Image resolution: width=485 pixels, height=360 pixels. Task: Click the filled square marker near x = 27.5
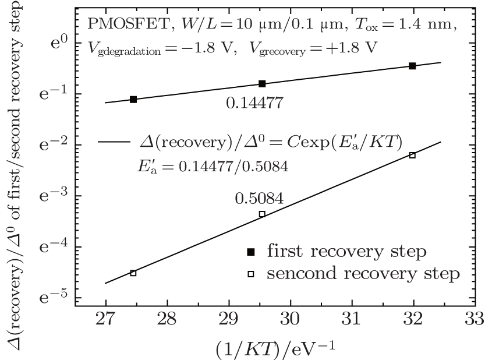click(x=133, y=100)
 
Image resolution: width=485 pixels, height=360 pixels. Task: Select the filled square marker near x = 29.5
click(x=262, y=84)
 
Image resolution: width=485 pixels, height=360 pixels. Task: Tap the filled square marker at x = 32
click(x=412, y=66)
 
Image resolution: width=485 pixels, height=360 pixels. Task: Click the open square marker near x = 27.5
click(x=133, y=273)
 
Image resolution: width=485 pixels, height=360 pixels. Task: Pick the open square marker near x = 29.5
click(x=262, y=214)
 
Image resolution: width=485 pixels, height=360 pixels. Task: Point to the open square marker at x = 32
click(x=412, y=155)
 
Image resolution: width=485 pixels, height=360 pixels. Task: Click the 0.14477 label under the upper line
click(x=254, y=104)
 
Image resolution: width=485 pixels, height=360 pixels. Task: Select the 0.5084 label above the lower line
click(x=259, y=198)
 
